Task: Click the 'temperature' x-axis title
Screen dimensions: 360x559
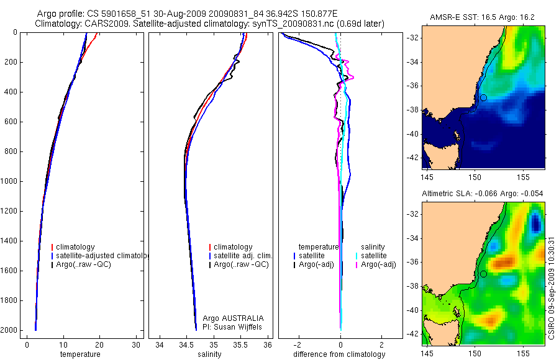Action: (x=80, y=354)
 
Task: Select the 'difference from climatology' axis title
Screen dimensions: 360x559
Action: (x=340, y=354)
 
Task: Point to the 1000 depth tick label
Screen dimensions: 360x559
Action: (x=9, y=181)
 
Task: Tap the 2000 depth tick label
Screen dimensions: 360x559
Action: (x=9, y=330)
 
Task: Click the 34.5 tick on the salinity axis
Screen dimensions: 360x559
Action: (x=186, y=344)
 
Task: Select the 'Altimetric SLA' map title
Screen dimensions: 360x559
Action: (x=483, y=194)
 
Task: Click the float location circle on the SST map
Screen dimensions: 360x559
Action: (x=483, y=98)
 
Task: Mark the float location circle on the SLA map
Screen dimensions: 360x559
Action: (x=483, y=274)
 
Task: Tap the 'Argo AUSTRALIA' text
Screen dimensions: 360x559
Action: (x=238, y=318)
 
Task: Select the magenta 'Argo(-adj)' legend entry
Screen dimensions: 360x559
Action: (x=378, y=264)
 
